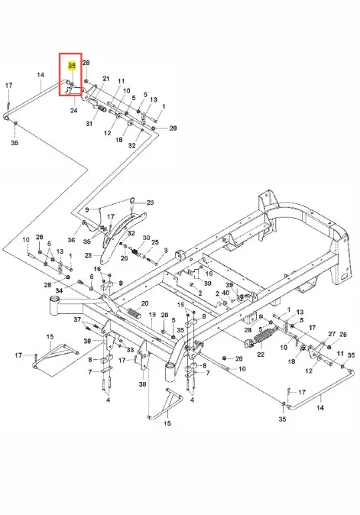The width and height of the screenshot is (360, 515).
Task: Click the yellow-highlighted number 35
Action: click(72, 66)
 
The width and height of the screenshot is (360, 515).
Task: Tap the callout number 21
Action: click(105, 79)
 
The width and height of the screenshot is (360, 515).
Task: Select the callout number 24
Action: click(74, 110)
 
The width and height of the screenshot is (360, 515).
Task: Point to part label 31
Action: click(89, 124)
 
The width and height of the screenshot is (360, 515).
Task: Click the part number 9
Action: click(87, 209)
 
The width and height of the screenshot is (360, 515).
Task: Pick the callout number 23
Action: click(88, 255)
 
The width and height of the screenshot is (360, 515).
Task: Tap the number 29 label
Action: click(150, 202)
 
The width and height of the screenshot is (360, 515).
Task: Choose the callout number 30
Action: click(146, 238)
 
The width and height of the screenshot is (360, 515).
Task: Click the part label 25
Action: click(155, 242)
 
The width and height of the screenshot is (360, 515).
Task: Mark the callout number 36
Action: click(71, 240)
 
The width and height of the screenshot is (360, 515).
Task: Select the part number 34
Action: click(59, 290)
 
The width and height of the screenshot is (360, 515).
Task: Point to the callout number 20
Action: click(145, 303)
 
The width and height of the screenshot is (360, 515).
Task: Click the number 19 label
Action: click(152, 315)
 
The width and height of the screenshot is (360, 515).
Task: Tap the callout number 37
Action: click(77, 319)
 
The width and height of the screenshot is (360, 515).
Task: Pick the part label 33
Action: click(131, 350)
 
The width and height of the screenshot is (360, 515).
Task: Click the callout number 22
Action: click(261, 355)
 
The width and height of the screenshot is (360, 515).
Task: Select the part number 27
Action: click(332, 334)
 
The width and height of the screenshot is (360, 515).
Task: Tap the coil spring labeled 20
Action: click(133, 313)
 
